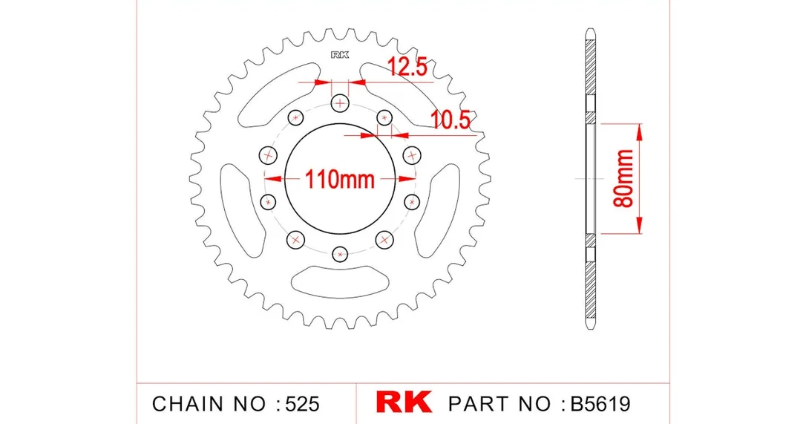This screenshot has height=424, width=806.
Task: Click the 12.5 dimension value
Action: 407,66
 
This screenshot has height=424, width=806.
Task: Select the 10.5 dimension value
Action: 450,120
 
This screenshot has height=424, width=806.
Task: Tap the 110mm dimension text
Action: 340,180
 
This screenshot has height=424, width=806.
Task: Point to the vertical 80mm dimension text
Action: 624,178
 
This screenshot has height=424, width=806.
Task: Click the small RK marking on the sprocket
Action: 340,54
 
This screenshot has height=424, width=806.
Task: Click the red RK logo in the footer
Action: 404,402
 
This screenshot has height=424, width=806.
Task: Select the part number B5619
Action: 600,404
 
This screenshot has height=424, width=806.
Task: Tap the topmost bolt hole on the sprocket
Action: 340,103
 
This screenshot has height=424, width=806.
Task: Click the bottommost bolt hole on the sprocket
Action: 340,254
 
